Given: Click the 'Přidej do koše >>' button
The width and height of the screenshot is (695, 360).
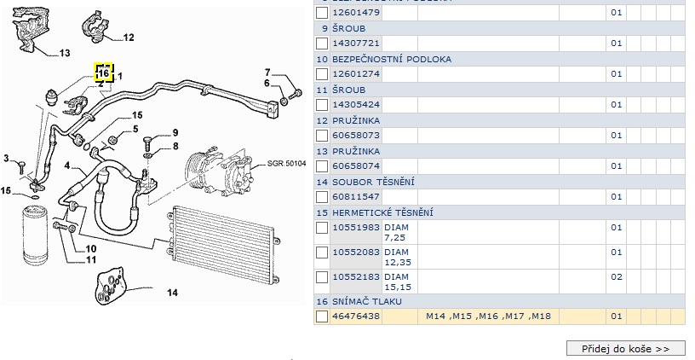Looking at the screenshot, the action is [x=626, y=348].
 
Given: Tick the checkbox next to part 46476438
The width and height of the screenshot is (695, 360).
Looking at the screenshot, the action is [x=322, y=316].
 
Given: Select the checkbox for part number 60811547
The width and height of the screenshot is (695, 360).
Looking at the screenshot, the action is [x=322, y=197].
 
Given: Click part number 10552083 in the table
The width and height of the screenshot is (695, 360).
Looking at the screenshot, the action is [x=356, y=252].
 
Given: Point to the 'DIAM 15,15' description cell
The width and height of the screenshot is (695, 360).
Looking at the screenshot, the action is [x=398, y=282].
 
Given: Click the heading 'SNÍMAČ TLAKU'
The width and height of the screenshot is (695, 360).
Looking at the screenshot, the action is [x=367, y=301].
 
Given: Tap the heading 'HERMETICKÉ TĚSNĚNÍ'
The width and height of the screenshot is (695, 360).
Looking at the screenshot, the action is [x=382, y=212].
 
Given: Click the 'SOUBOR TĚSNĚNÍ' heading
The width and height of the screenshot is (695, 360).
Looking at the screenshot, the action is [x=373, y=182].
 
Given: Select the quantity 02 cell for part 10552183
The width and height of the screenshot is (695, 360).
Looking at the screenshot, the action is [x=616, y=277].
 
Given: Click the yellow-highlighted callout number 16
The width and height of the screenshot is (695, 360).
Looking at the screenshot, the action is [x=104, y=73].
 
